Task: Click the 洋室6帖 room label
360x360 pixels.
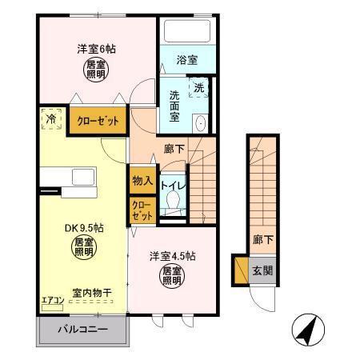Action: pos(96,48)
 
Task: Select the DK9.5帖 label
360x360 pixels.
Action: pos(80,226)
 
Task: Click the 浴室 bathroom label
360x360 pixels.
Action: pos(186,60)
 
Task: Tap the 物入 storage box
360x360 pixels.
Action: pos(142,181)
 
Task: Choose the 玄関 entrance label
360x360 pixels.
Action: pos(263,270)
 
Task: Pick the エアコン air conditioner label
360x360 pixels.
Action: pos(53,300)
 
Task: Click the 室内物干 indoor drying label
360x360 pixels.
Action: pos(90,292)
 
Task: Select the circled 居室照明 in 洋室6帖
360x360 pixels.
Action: pos(95,70)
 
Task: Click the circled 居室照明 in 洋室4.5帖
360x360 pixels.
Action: pos(172,277)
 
